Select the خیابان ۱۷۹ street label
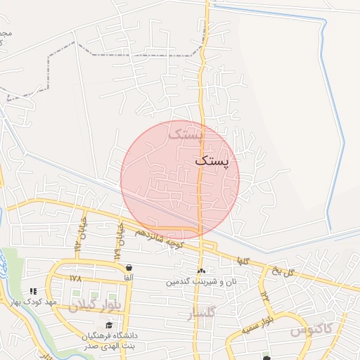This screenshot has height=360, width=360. click(120, 241)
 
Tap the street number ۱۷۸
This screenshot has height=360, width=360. click(76, 278)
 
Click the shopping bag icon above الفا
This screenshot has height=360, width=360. click(129, 268)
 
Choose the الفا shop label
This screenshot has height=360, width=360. click(129, 278)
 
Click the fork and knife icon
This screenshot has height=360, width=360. click(32, 291)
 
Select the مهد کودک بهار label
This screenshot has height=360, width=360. click(32, 302)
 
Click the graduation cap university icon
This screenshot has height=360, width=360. click(108, 325)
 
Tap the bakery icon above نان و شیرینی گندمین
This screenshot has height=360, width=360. click(202, 271)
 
